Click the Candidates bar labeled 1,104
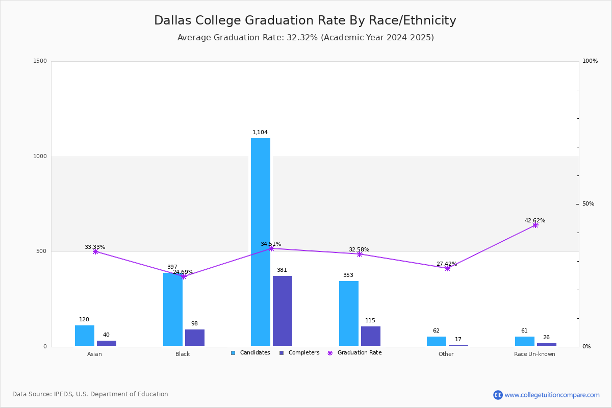[261, 242]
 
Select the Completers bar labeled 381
[283, 311]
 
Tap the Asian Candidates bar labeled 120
[85, 336]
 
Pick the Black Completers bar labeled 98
[195, 338]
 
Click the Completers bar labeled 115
[371, 336]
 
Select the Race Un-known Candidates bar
[525, 341]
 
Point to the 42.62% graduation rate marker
[535, 225]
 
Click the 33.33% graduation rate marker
[95, 251]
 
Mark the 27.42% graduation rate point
[447, 268]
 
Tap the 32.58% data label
[359, 250]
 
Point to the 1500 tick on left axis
[40, 61]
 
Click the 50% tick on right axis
[588, 204]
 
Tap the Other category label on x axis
[446, 354]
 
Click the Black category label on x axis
[183, 354]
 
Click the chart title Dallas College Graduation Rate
[305, 20]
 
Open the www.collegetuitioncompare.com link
[552, 395]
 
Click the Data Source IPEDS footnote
[90, 394]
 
